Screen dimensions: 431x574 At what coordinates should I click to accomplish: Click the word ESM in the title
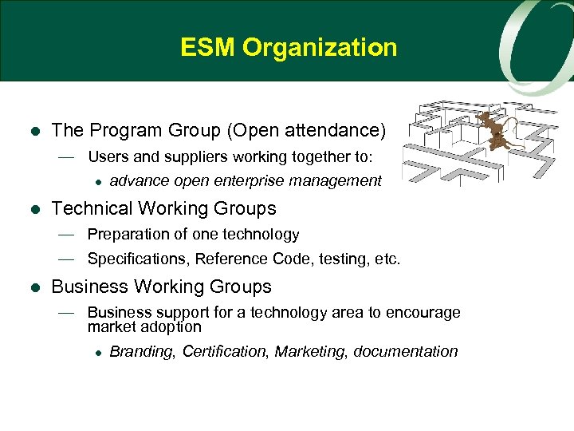tap(208, 48)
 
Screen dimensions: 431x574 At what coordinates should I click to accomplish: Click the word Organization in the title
tap(320, 48)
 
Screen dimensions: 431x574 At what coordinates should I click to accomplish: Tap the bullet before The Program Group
tap(33, 131)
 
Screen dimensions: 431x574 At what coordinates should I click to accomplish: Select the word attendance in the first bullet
tap(338, 130)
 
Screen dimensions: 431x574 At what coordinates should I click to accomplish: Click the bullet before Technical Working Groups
tap(33, 209)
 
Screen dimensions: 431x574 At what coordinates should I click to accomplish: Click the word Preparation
tap(128, 235)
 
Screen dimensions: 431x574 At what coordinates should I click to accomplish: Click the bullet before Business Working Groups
tap(33, 287)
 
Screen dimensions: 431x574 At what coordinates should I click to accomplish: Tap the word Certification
tap(226, 352)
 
